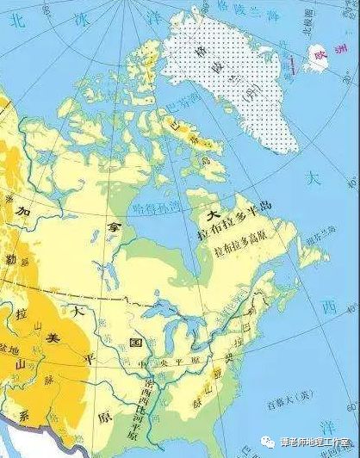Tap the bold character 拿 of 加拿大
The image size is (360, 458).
click(111, 226)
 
